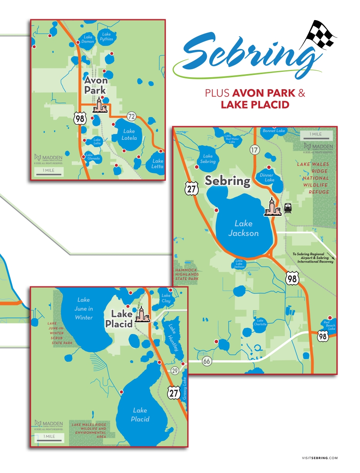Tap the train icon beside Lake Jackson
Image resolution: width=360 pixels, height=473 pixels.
288,209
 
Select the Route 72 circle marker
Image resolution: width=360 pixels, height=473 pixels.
132,115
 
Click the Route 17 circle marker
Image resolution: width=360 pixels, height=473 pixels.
254,149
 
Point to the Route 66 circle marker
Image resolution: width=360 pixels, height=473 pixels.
207,361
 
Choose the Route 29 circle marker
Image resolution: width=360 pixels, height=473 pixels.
174,370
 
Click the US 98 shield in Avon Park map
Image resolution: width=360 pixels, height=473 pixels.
79,119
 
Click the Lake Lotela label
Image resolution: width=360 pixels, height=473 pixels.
129,135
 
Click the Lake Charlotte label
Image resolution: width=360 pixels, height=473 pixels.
260,322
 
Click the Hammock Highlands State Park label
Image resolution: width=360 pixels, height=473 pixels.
187,274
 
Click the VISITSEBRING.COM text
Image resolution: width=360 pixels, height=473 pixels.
319,458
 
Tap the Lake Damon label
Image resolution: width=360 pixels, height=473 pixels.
88,39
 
